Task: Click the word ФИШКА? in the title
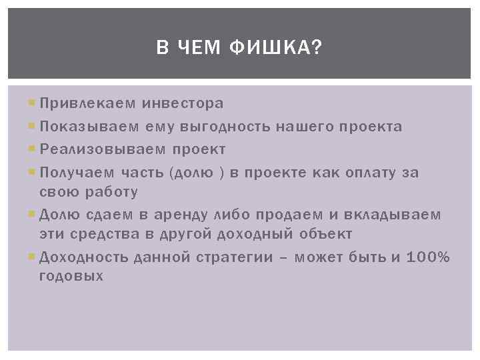tap(275, 47)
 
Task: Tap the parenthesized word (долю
tap(193, 173)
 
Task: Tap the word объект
tap(328, 235)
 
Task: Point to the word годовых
tap(71, 276)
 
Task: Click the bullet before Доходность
tap(33, 257)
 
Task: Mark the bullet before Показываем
tap(33, 127)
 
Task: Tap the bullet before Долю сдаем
tap(33, 215)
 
